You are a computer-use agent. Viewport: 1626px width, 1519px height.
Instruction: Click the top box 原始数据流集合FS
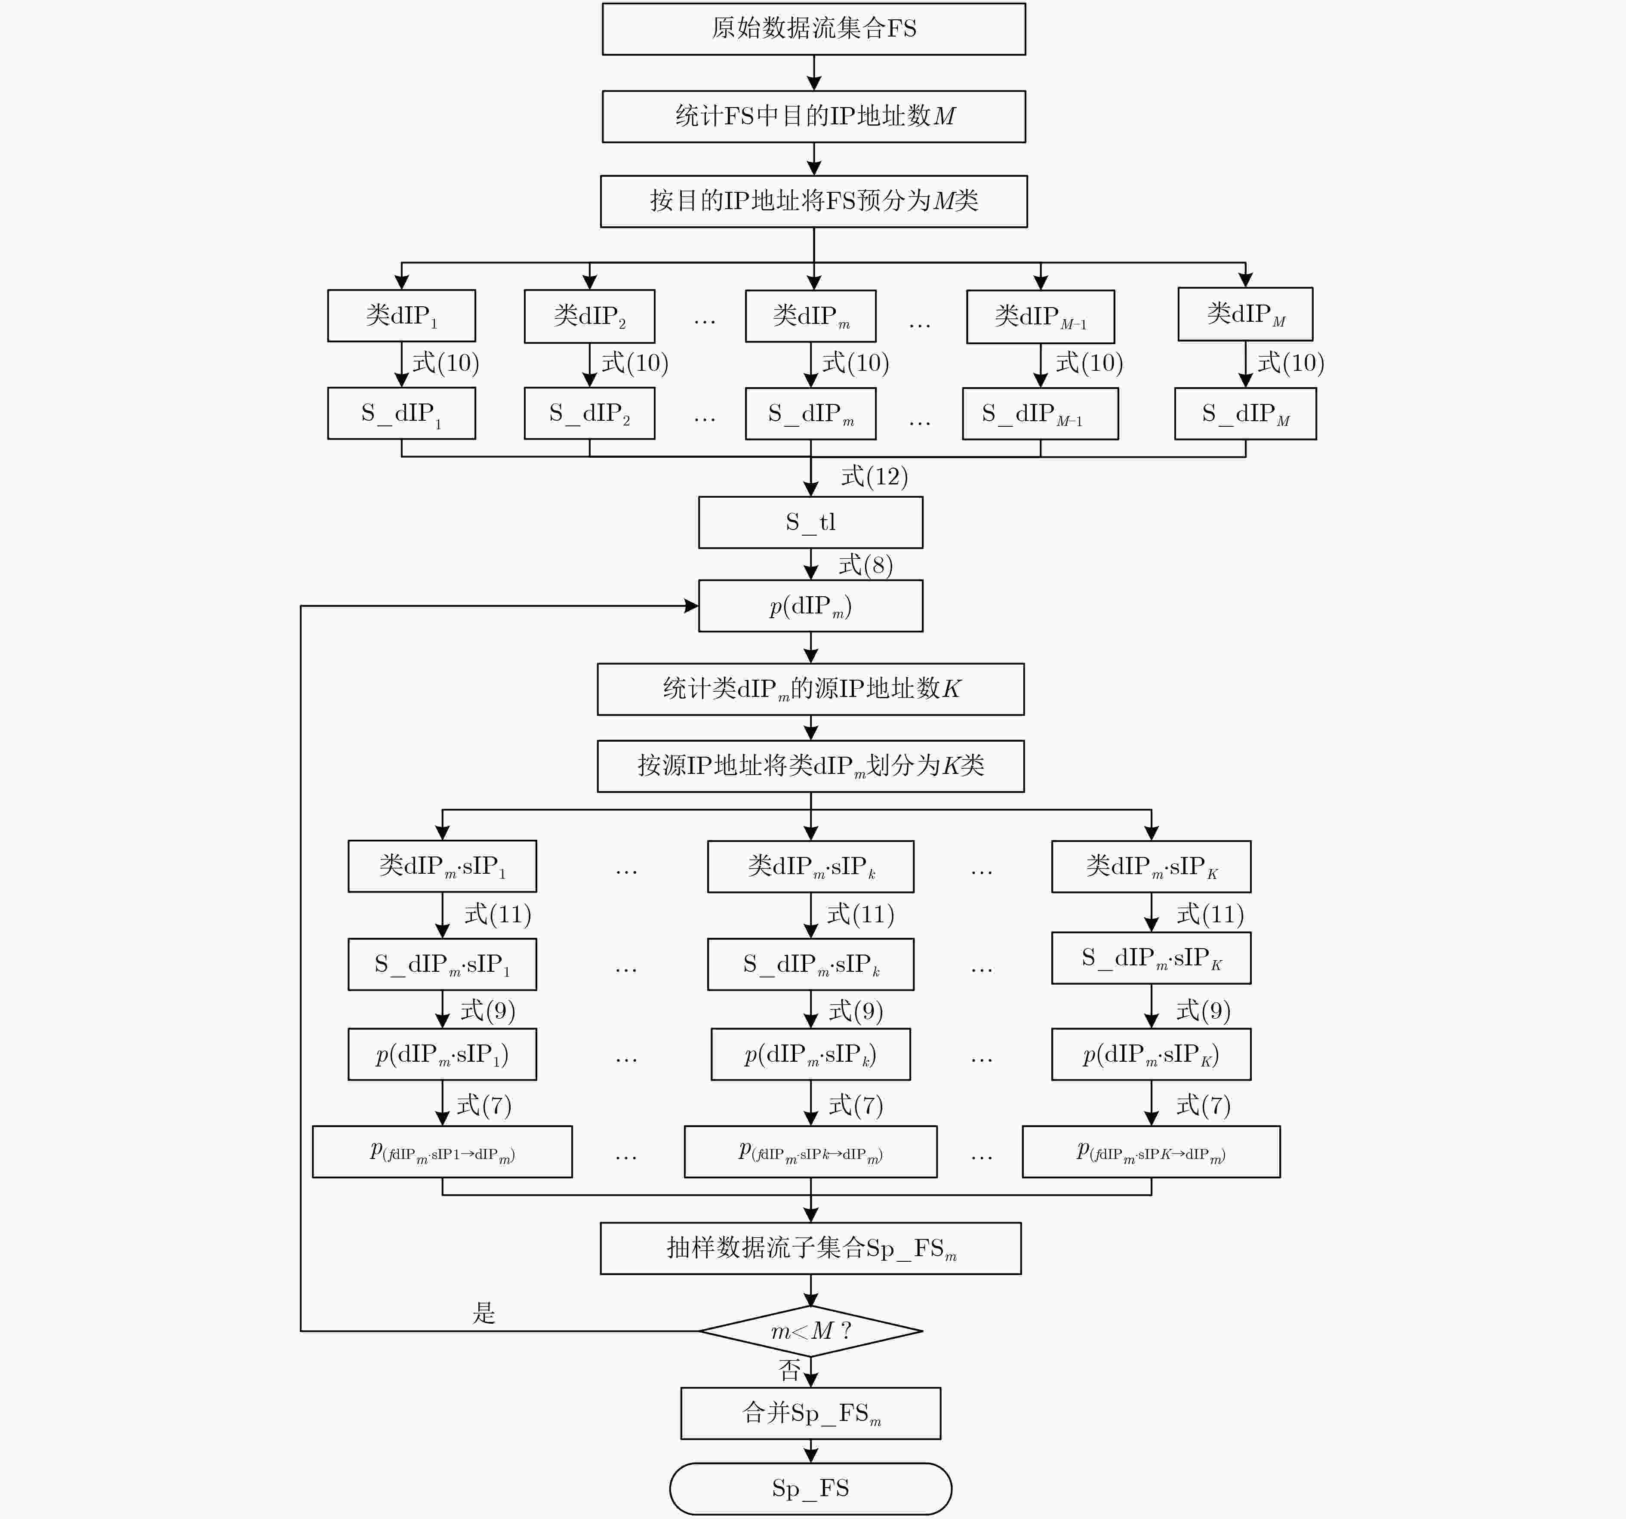pos(814,29)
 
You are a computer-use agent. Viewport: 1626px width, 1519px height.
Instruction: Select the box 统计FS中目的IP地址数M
pos(814,116)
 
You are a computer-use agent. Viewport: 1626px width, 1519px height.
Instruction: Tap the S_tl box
pos(810,522)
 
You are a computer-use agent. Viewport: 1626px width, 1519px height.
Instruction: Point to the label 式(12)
pos(875,476)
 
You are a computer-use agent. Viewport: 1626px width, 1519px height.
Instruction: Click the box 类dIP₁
pos(402,316)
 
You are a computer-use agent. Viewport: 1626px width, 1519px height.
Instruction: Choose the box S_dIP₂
pos(590,413)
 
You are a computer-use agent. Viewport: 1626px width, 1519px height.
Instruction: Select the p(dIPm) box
pos(810,606)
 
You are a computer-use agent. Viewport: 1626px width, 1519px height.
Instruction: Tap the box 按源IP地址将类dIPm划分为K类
pos(810,767)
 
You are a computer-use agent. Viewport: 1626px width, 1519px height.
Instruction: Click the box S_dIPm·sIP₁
pos(443,964)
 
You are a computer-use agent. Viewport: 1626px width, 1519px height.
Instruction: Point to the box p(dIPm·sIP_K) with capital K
pos(1152,1054)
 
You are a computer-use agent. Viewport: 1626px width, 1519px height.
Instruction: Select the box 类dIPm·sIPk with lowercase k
pos(810,866)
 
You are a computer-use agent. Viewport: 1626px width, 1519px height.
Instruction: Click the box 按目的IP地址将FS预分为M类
pos(814,201)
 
